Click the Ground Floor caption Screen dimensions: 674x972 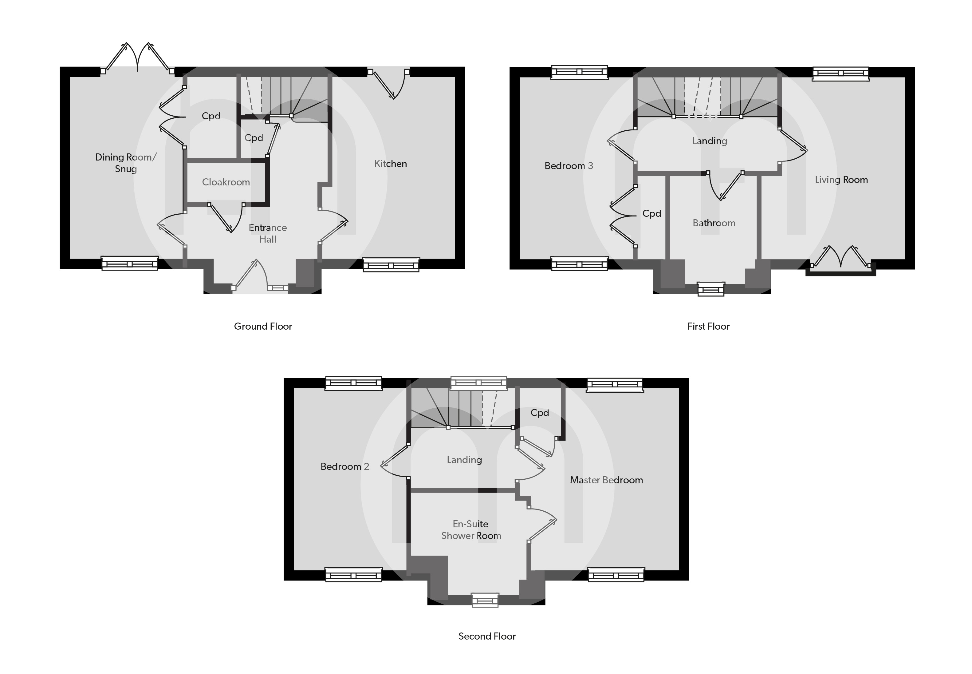pyautogui.click(x=263, y=327)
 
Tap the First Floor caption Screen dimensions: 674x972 pyautogui.click(x=708, y=327)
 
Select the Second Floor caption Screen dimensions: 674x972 pyautogui.click(x=487, y=636)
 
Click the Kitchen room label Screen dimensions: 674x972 pyautogui.click(x=390, y=164)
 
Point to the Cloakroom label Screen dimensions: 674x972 pyautogui.click(x=226, y=182)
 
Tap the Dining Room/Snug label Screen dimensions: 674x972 pyautogui.click(x=126, y=163)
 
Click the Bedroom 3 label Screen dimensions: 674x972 pyautogui.click(x=569, y=166)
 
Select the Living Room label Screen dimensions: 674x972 pyautogui.click(x=841, y=180)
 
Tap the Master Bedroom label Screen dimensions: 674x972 pyautogui.click(x=606, y=480)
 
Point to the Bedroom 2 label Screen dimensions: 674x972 pyautogui.click(x=344, y=467)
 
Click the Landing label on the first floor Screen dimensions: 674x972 pyautogui.click(x=710, y=141)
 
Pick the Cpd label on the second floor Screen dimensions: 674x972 pyautogui.click(x=539, y=413)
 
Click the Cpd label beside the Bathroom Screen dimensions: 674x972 pyautogui.click(x=651, y=214)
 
